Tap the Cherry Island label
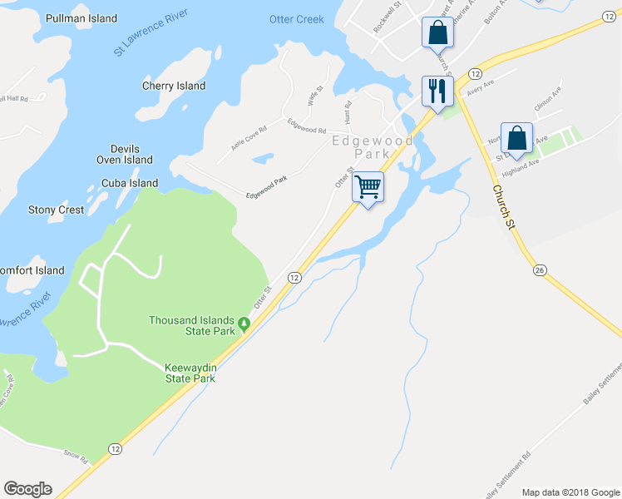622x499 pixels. point(174,86)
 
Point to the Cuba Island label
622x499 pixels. point(130,183)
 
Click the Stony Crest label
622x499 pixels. point(56,210)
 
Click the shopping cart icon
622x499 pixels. point(368,186)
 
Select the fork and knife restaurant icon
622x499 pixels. point(437,90)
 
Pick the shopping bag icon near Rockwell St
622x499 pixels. point(437,33)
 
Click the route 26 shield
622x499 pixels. point(540,271)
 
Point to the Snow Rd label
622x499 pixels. point(76,454)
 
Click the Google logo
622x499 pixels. point(27,489)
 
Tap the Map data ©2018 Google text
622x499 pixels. point(570,492)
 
